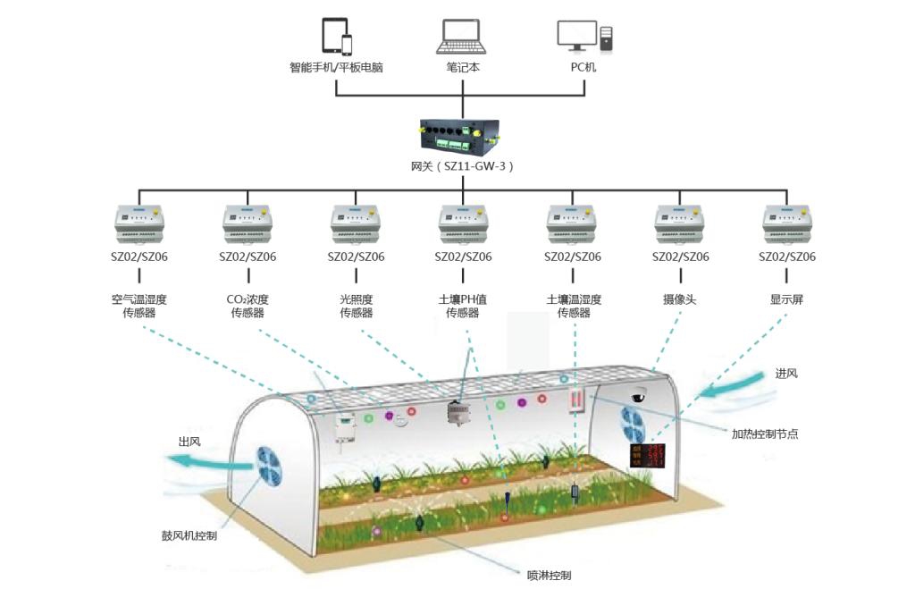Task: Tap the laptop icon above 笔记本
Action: point(463,37)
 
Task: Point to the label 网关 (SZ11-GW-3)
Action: point(463,167)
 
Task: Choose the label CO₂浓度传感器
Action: point(248,307)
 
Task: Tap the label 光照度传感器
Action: point(356,307)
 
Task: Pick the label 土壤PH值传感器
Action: point(463,307)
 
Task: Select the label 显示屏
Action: point(787,300)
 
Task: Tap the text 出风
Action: point(189,442)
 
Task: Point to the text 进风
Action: point(786,374)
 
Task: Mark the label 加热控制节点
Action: point(764,433)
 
